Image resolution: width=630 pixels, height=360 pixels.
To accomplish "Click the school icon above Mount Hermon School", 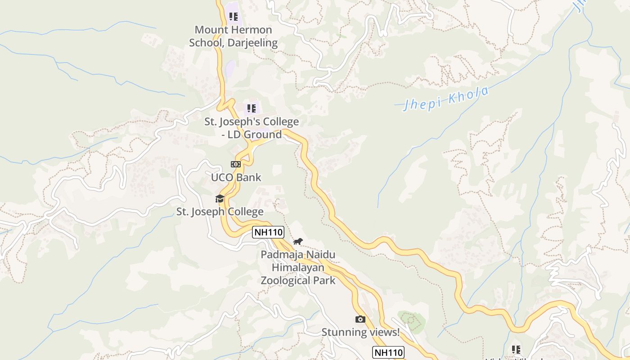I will click(x=233, y=17).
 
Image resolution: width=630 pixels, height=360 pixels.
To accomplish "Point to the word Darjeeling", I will click(x=252, y=43).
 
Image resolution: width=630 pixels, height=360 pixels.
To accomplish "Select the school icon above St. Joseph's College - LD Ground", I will click(x=252, y=108).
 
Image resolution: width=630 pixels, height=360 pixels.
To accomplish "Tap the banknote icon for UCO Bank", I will click(x=236, y=164).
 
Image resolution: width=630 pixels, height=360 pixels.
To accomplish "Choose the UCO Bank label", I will click(x=236, y=177).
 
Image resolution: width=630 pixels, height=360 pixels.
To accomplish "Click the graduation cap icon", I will click(x=220, y=198).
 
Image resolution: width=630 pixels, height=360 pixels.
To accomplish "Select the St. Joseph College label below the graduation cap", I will click(x=220, y=211).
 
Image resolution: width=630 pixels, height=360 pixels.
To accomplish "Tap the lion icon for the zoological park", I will click(x=298, y=242).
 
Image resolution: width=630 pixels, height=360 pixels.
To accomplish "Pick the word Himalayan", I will click(x=298, y=268).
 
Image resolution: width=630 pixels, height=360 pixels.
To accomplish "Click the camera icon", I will click(x=360, y=319).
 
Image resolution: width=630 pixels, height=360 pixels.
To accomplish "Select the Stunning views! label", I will click(x=360, y=333).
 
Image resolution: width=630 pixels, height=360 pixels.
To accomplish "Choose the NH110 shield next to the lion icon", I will click(x=268, y=232).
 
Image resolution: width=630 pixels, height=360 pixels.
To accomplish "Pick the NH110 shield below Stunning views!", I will click(x=388, y=352).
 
